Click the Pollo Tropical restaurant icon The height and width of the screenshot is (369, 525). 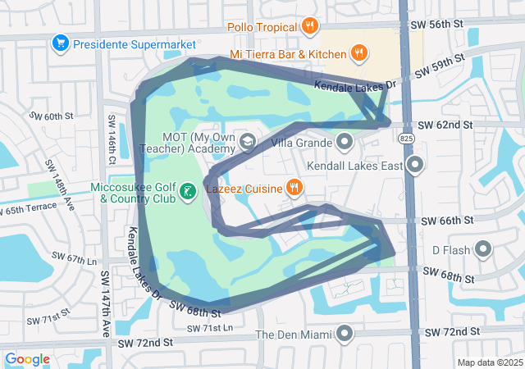[x=309, y=26]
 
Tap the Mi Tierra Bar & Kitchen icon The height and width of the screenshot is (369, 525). [x=358, y=54]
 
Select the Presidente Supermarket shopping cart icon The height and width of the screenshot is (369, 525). [x=59, y=43]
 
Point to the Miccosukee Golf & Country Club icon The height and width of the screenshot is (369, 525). [x=187, y=192]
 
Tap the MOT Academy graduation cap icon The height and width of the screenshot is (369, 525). [x=246, y=143]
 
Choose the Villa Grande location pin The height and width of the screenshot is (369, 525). [x=345, y=143]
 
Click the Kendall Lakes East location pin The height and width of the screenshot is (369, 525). [x=415, y=166]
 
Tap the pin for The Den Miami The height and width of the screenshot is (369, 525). [x=345, y=334]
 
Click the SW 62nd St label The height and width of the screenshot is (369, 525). [x=445, y=125]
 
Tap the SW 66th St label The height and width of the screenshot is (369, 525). [x=447, y=221]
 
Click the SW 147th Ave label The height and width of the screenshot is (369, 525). [x=107, y=291]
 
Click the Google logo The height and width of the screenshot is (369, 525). [x=27, y=359]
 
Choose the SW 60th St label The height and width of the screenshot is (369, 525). [x=51, y=116]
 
